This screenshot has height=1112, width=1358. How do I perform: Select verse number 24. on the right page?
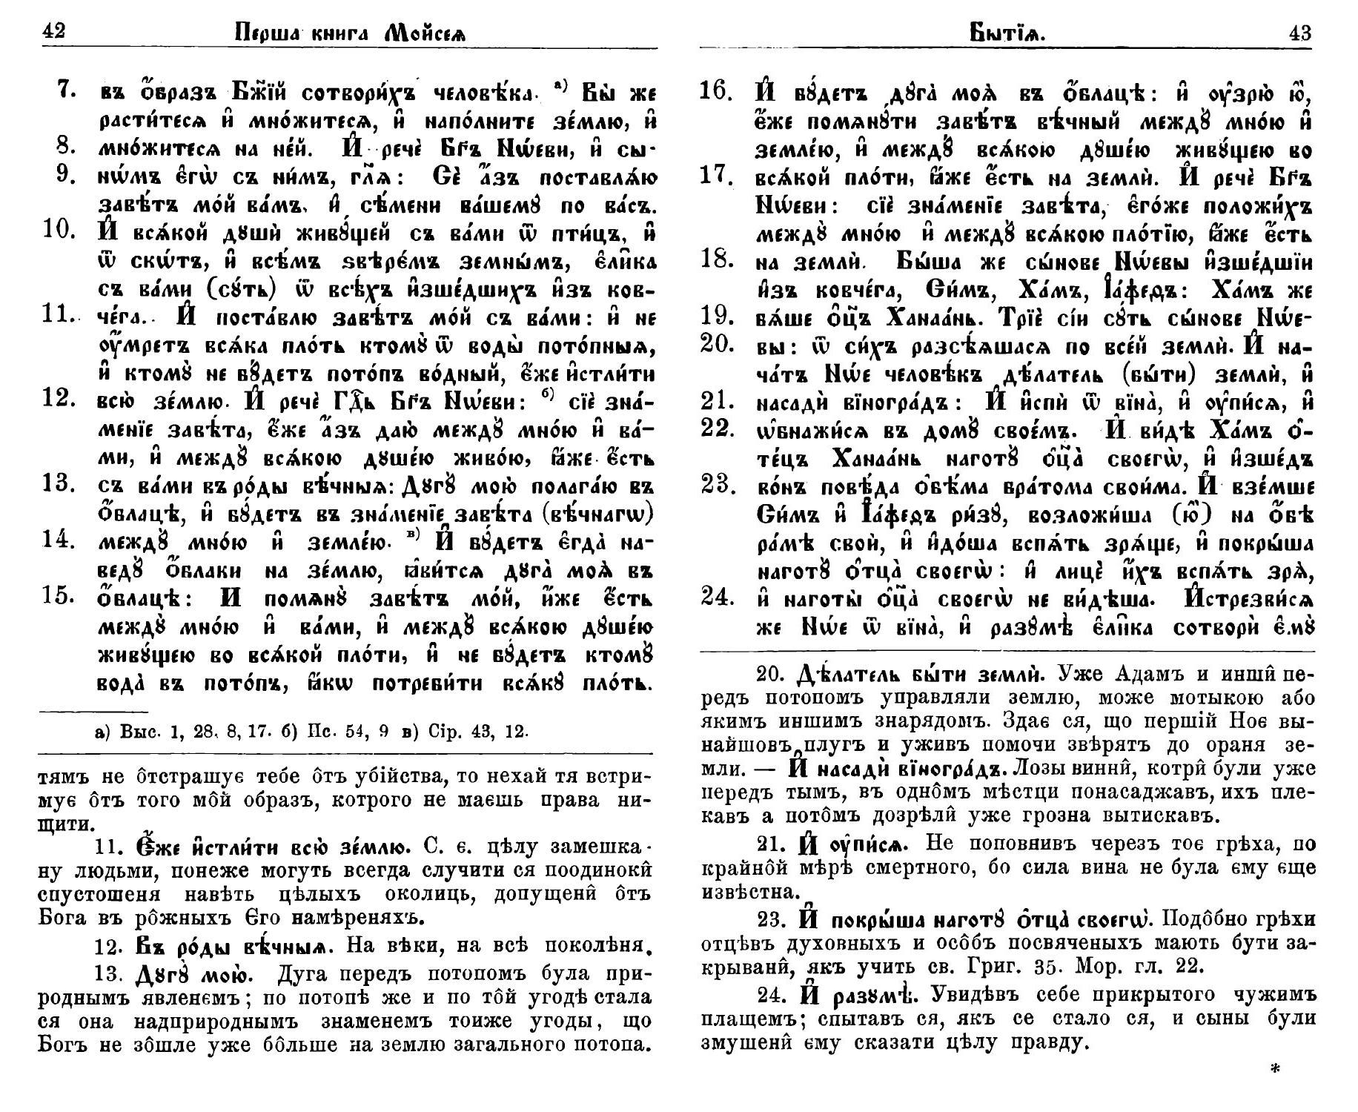718,595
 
